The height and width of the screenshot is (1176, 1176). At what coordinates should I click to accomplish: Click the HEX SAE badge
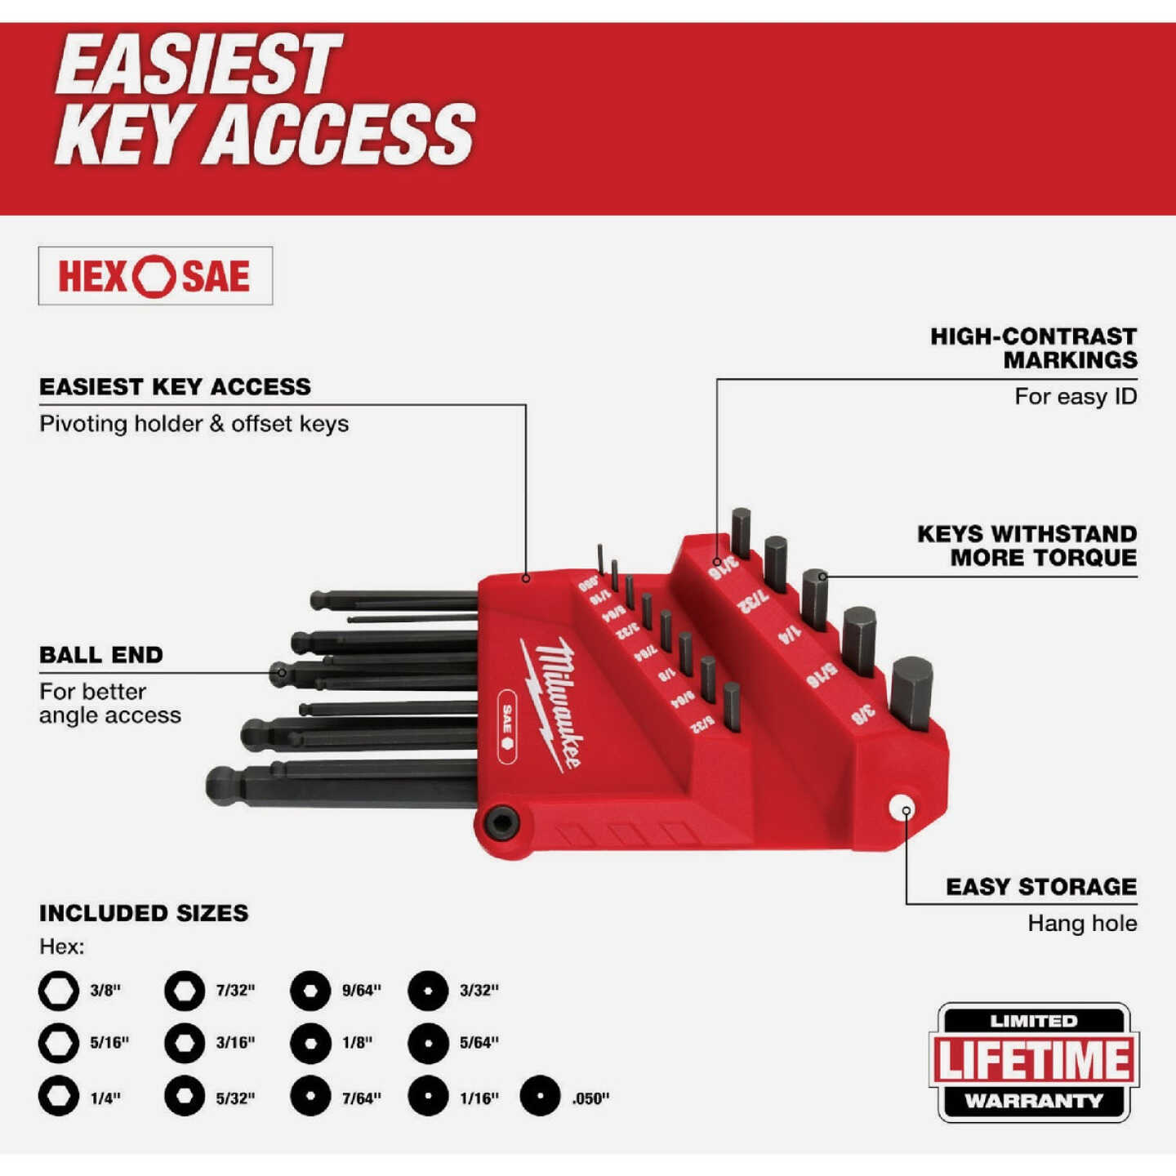(x=155, y=276)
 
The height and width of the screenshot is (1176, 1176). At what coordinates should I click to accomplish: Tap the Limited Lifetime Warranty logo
(x=1034, y=1062)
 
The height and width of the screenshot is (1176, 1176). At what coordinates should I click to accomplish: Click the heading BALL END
(x=101, y=655)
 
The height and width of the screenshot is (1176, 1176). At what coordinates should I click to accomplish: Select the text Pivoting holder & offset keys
(x=194, y=424)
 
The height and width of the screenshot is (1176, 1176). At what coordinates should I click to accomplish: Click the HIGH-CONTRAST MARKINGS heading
(x=1034, y=348)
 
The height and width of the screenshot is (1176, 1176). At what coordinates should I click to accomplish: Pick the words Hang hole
(x=1081, y=924)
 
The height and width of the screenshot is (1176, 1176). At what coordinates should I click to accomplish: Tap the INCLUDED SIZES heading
(x=144, y=913)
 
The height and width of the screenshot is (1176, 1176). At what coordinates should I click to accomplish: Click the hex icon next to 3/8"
(x=59, y=991)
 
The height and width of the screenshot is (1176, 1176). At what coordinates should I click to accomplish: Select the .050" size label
(x=590, y=1098)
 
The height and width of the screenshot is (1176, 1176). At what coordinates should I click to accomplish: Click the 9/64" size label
(x=361, y=991)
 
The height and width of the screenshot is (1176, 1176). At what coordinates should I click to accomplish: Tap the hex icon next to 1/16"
(x=428, y=1096)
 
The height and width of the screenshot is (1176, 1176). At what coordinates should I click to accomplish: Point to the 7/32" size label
(x=235, y=991)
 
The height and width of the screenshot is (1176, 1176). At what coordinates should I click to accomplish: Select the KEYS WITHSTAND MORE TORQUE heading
(x=1027, y=546)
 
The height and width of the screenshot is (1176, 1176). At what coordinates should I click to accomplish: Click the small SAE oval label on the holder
(x=506, y=726)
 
